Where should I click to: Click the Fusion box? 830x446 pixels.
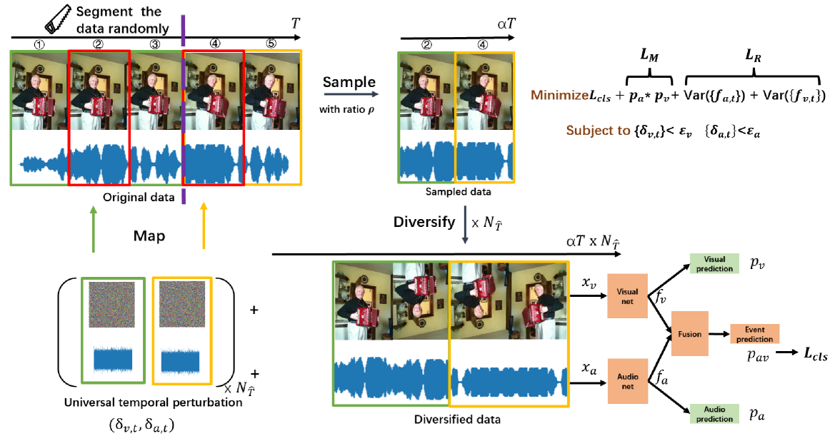pos(690,333)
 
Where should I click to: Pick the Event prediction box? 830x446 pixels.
pos(754,333)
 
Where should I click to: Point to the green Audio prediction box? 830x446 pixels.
pos(714,413)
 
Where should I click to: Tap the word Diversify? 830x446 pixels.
pos(424,221)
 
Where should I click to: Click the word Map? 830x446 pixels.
pos(149,235)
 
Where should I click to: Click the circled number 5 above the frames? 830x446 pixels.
pos(271,43)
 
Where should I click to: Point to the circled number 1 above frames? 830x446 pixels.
pos(40,43)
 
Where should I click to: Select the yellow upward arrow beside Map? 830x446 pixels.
pos(205,225)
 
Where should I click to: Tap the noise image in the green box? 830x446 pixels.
pos(111,305)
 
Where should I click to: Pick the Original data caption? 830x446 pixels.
pos(139,198)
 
